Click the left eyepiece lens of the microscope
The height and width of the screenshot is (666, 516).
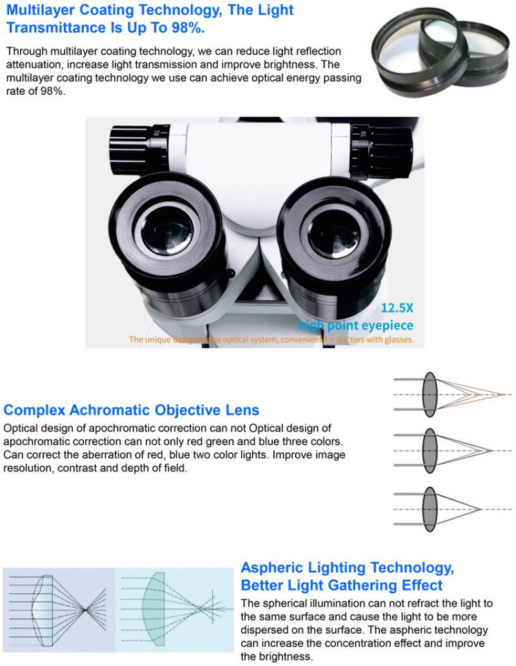tap(166, 231)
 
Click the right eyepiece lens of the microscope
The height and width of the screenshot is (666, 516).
tap(333, 232)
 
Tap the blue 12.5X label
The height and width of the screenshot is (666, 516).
tap(397, 308)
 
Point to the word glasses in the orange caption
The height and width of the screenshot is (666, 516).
tap(399, 340)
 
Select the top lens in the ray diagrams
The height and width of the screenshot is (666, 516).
tap(430, 395)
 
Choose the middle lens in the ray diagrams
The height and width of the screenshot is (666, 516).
tap(430, 451)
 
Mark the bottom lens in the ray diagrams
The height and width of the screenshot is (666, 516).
tap(430, 509)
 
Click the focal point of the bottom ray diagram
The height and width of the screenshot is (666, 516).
tap(479, 509)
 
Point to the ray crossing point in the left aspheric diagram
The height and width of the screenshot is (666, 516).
tap(84, 610)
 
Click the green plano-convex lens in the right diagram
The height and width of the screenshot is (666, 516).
tap(154, 609)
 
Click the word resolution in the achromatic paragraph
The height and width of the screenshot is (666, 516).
tap(27, 469)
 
